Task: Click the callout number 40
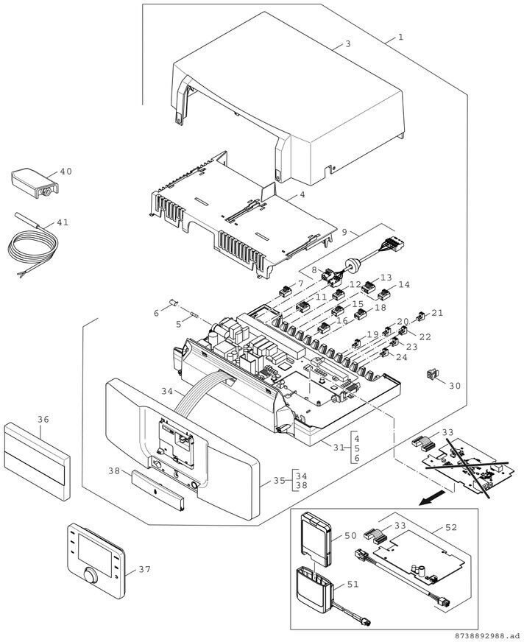click(x=66, y=171)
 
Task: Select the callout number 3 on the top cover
click(x=347, y=44)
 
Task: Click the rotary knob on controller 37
click(x=90, y=576)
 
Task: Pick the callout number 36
click(x=43, y=419)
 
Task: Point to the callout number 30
click(x=455, y=386)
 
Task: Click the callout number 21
click(x=437, y=313)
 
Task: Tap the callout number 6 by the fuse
click(x=155, y=314)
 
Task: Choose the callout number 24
click(x=401, y=357)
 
